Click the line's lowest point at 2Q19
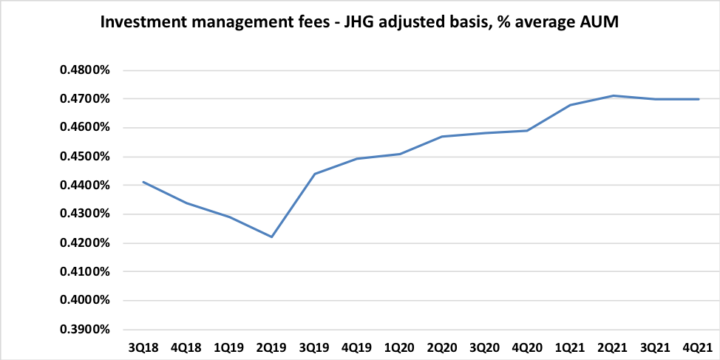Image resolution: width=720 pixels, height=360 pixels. click(272, 237)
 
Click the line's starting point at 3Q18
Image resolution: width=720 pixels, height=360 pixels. click(143, 182)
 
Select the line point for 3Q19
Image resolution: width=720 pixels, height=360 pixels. click(314, 174)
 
